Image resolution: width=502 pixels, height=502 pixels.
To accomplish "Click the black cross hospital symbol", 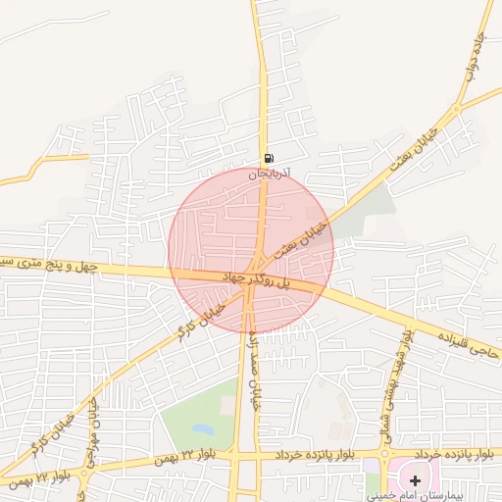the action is click(x=416, y=480).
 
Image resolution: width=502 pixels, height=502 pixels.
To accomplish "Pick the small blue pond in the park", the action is click(x=203, y=429).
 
